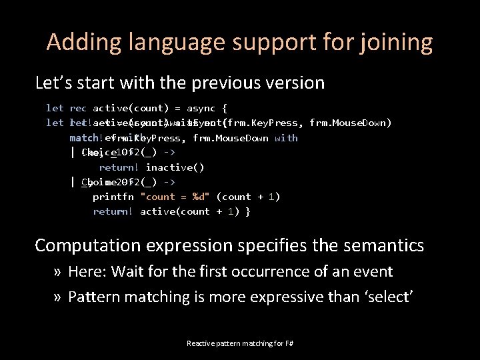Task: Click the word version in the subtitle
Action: (296, 83)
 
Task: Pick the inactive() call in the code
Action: (175, 167)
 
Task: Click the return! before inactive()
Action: (119, 167)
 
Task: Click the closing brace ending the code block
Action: (248, 211)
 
